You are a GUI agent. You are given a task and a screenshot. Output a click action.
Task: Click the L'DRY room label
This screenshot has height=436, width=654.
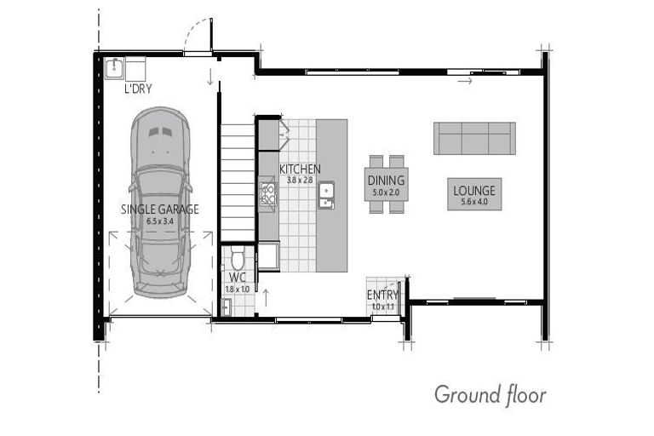(x=138, y=88)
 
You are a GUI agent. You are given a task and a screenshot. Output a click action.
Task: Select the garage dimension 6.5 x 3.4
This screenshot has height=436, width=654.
(x=159, y=221)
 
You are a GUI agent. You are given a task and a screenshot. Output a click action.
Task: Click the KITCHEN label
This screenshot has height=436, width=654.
(x=299, y=169)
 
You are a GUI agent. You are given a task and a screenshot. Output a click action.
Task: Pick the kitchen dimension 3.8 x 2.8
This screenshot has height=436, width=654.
(x=300, y=181)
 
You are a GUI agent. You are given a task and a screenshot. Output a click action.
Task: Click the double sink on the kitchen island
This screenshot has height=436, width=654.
(x=326, y=198)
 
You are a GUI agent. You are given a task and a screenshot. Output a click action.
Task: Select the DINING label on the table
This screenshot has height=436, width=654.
(x=387, y=181)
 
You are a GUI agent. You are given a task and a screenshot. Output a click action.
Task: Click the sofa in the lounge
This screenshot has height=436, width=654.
(x=474, y=138)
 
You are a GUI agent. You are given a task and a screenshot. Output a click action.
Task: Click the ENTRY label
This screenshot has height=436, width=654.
(x=382, y=295)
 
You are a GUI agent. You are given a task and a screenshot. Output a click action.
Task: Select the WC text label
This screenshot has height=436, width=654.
(x=236, y=278)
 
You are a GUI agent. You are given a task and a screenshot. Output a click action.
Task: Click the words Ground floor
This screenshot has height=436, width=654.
(x=490, y=394)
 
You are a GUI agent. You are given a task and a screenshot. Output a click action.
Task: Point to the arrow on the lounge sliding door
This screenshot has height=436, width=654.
(x=464, y=82)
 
